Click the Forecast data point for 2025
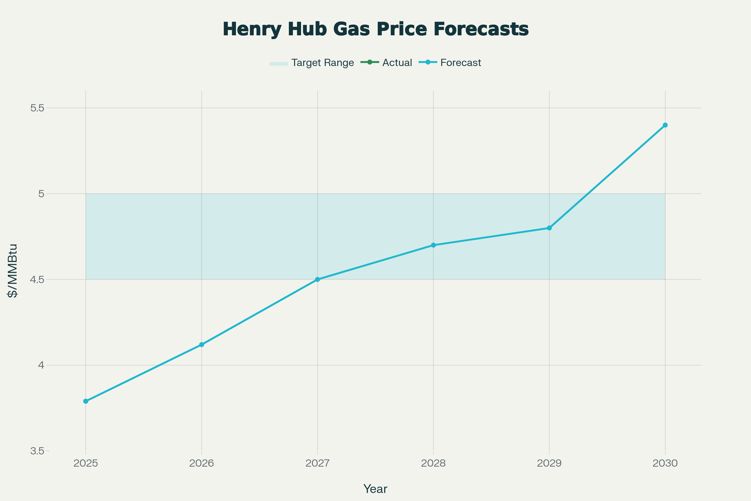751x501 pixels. point(86,401)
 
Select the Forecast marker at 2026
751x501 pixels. point(202,345)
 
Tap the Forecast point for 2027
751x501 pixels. point(317,279)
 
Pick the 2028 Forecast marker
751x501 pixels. point(433,245)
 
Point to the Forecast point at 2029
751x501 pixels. point(549,228)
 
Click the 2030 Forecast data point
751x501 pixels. point(665,125)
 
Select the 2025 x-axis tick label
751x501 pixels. point(86,463)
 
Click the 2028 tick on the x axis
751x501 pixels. point(433,463)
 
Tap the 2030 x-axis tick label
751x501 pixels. point(665,463)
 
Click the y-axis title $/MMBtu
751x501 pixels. point(13,271)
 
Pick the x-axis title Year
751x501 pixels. point(375,489)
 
